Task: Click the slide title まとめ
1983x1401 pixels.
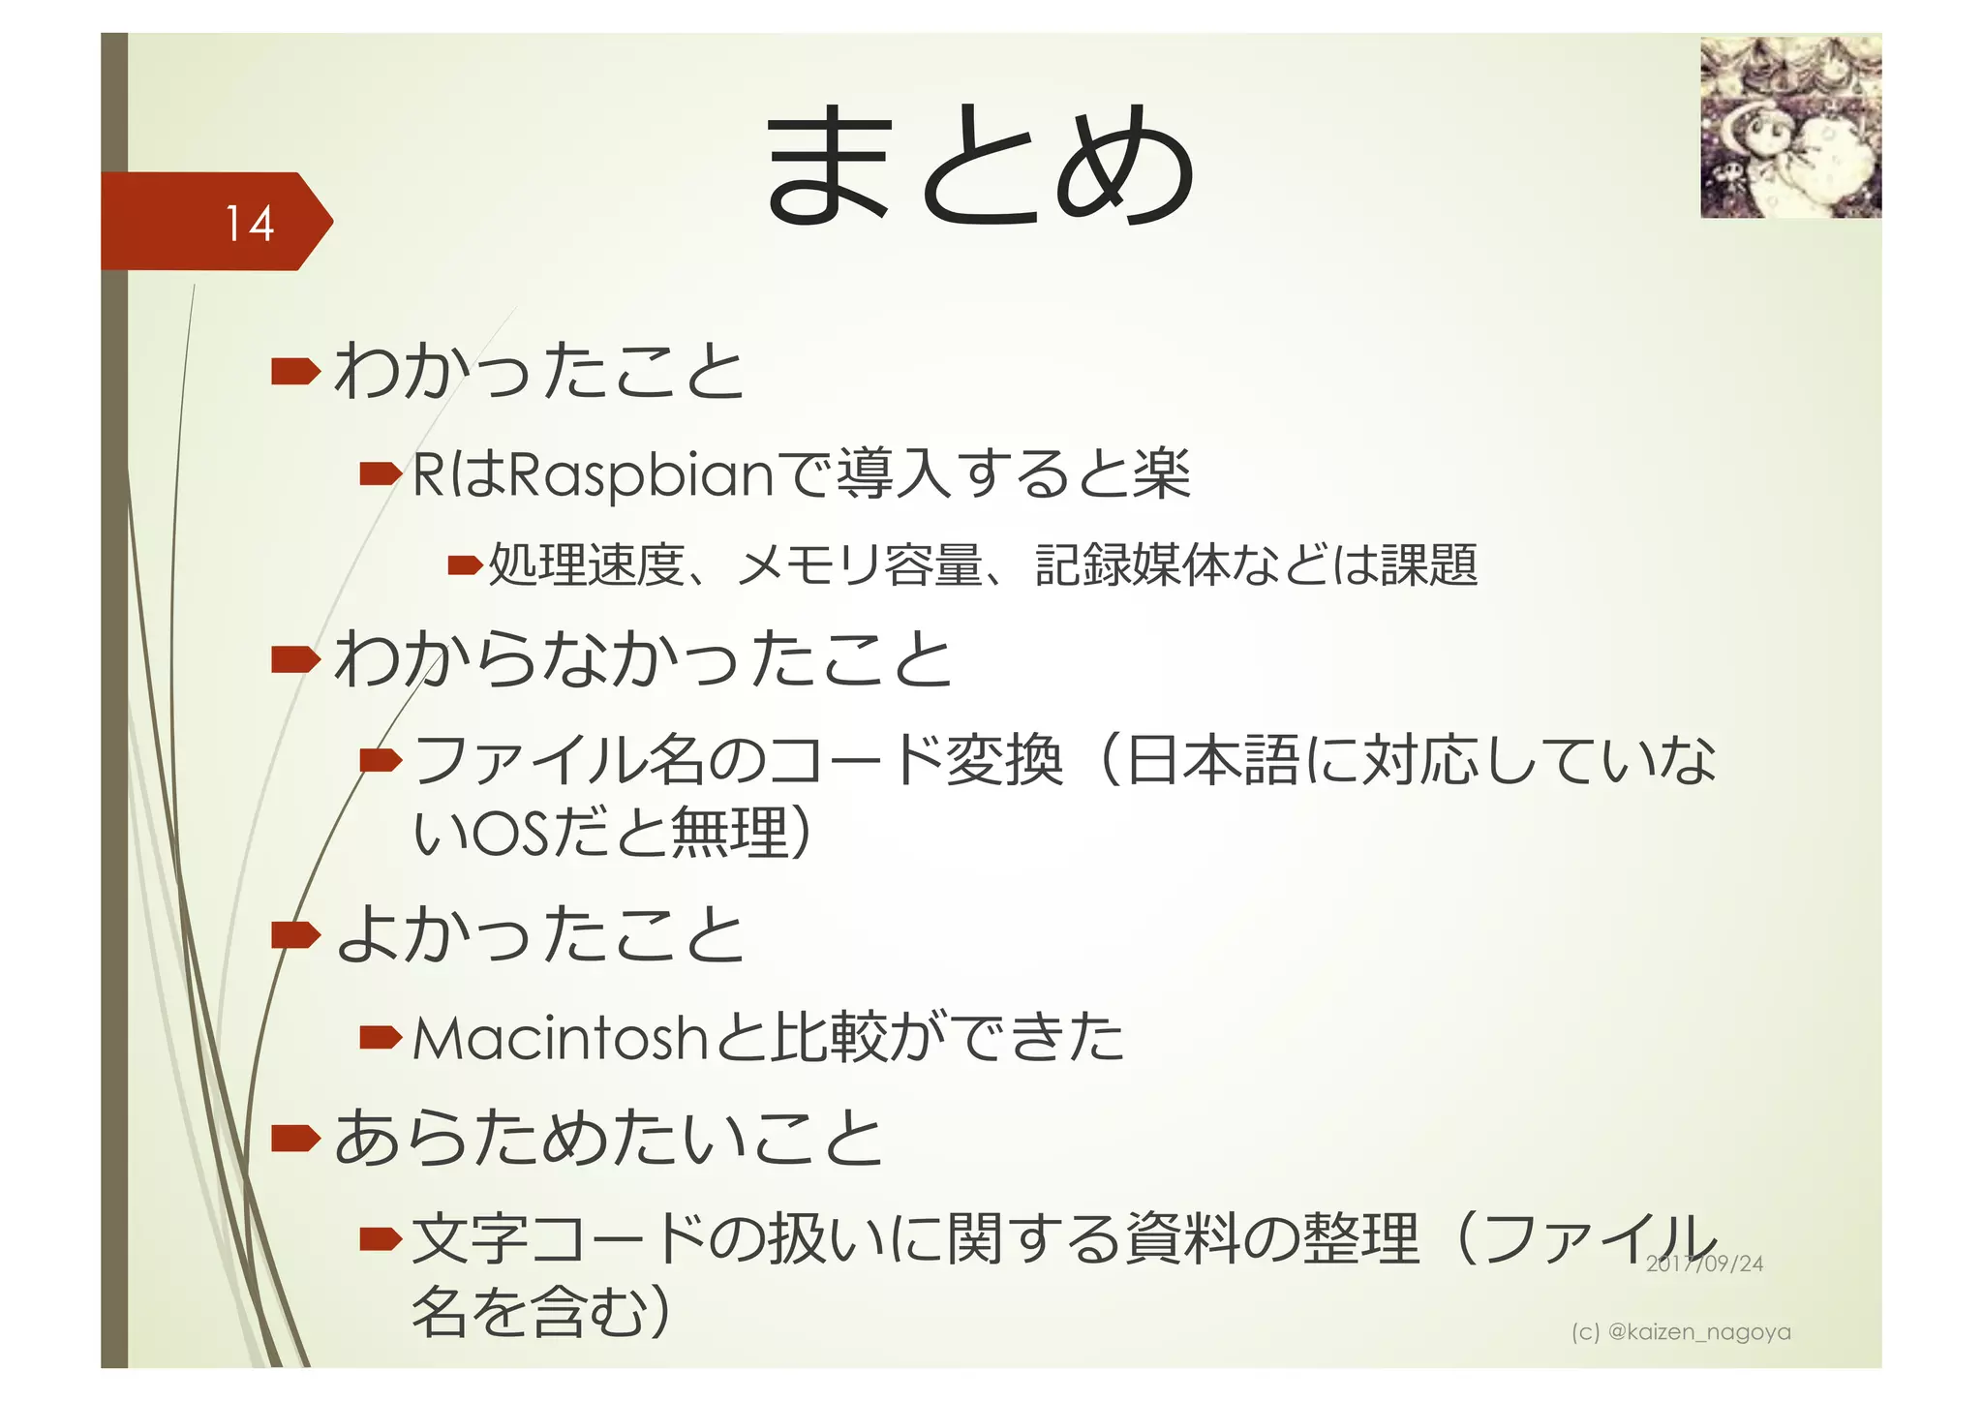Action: click(980, 165)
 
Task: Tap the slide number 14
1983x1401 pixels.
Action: click(249, 223)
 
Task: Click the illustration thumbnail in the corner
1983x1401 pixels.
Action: click(1790, 127)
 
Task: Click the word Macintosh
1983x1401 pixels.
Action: click(561, 1038)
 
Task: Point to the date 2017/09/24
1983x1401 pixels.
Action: click(1704, 1264)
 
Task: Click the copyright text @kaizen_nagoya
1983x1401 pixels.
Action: click(1698, 1332)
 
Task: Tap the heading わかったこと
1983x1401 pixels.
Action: click(539, 371)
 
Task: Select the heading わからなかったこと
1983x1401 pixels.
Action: click(644, 658)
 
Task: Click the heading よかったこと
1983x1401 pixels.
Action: click(540, 934)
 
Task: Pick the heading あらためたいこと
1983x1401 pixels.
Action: click(609, 1138)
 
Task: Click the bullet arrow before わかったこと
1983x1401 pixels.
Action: click(295, 371)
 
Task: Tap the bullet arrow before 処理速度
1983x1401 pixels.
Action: click(465, 564)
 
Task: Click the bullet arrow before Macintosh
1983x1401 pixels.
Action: click(380, 1038)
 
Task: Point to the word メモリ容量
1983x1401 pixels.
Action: click(860, 564)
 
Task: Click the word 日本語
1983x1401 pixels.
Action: click(1214, 760)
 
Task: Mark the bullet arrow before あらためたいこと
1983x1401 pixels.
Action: click(295, 1138)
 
